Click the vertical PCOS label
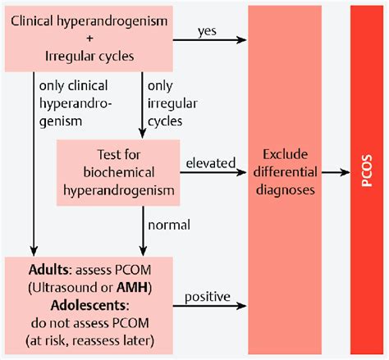point(365,176)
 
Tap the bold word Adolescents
point(65,304)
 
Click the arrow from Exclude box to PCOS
point(335,173)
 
